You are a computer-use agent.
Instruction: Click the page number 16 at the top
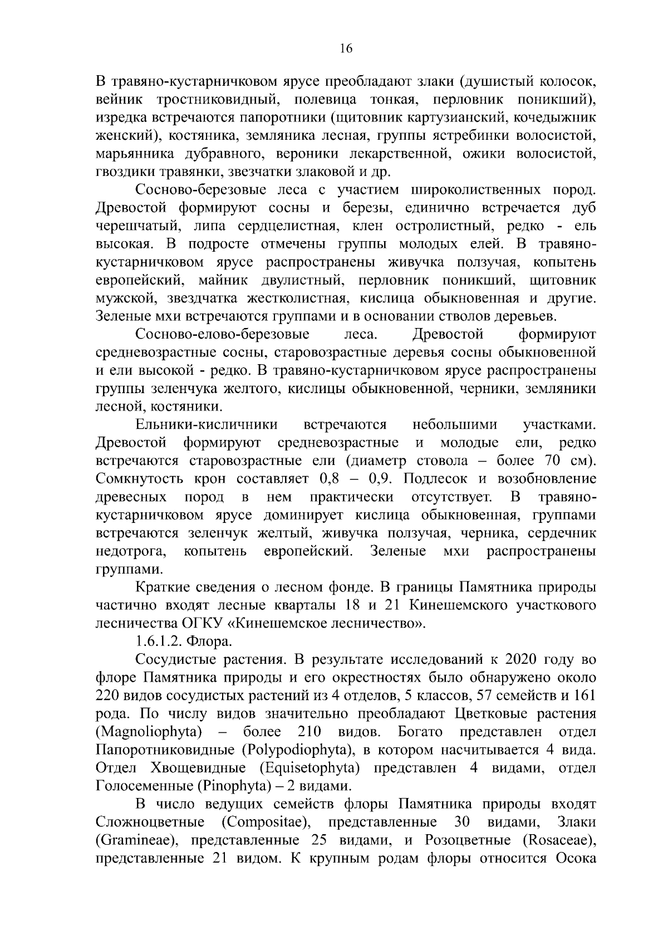click(x=346, y=49)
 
